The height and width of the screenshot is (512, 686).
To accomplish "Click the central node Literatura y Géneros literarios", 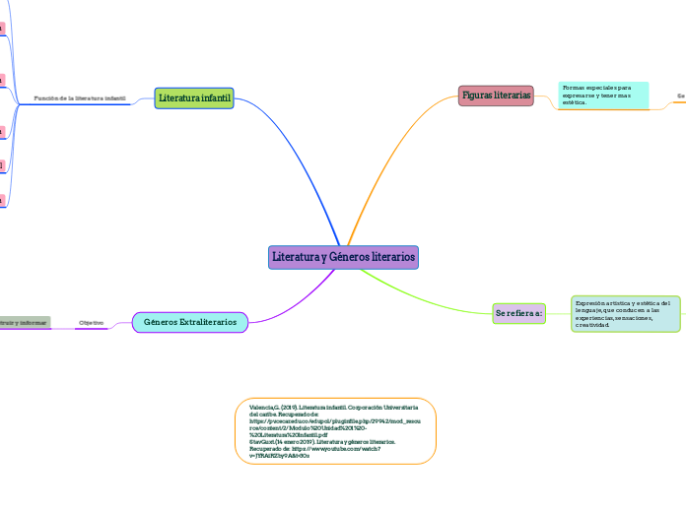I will [x=343, y=257].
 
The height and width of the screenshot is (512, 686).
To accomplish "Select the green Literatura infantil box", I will [x=194, y=98].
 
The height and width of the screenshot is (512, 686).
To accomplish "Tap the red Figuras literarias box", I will [x=496, y=96].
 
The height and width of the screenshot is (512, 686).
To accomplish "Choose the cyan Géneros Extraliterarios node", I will [x=190, y=322].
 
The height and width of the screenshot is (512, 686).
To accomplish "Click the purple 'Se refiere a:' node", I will [x=518, y=313].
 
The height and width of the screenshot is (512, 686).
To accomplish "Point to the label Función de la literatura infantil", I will [x=80, y=98].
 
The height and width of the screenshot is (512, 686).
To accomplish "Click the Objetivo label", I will [x=92, y=323].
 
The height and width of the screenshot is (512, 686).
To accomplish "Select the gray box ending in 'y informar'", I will [x=25, y=322].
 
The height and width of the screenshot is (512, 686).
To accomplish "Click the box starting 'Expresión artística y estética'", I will [x=625, y=313].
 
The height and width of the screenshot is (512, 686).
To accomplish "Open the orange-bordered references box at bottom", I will [x=335, y=430].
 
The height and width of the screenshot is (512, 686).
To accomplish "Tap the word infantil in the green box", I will [x=214, y=98].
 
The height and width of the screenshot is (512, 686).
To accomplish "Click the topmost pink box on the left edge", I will [x=2, y=29].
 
